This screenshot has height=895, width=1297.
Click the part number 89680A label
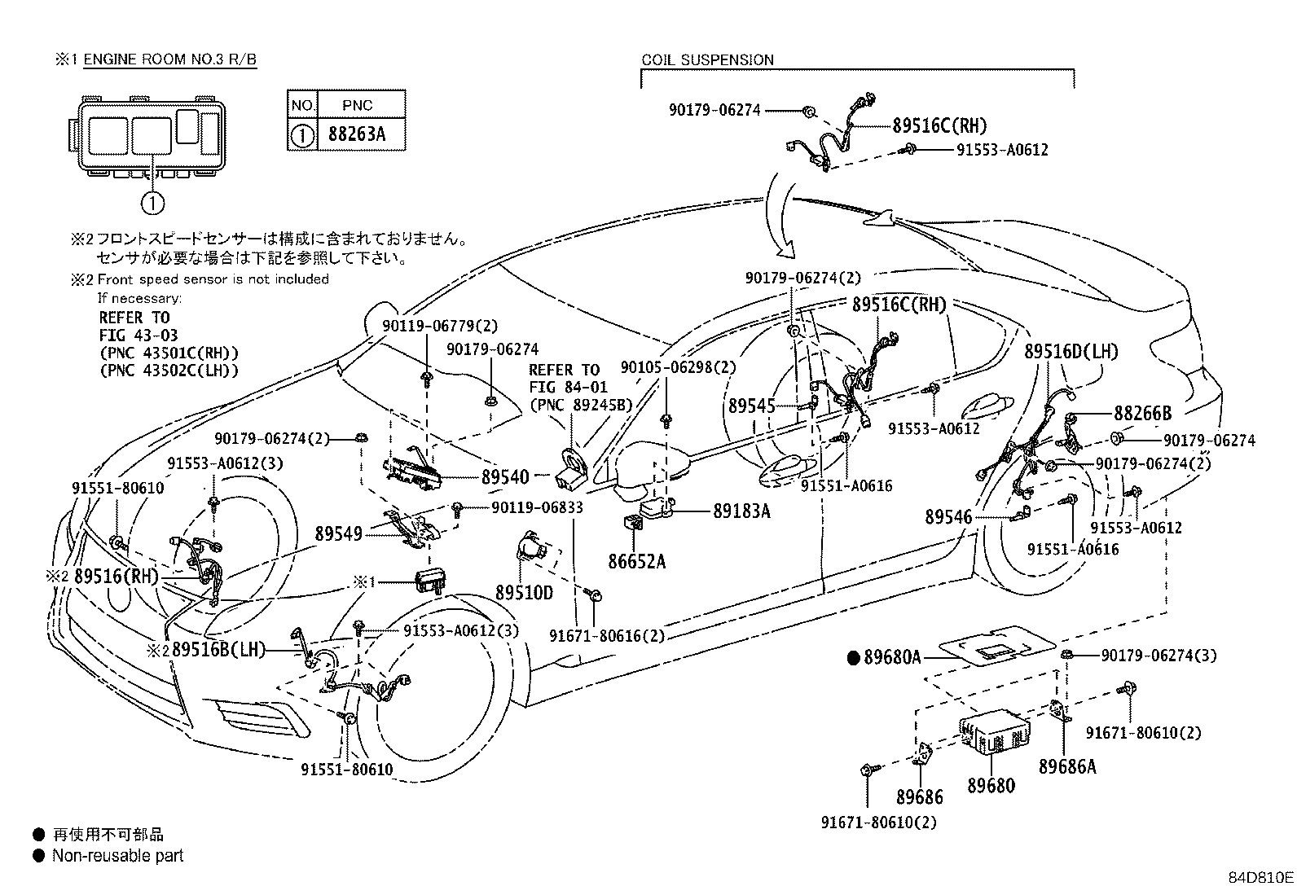pos(892,658)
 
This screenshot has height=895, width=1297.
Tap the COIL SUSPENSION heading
pos(707,59)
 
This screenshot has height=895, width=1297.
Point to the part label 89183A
pos(741,511)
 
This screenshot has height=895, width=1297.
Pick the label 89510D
pos(524,593)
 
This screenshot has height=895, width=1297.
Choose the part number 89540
pos(505,477)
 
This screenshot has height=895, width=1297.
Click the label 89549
pos(339,533)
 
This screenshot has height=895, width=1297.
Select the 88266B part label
pos(1142,414)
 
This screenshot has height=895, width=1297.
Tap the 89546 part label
pos(948,516)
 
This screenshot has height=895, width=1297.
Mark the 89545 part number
pos(751,405)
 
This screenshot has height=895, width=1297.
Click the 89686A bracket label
pos(1067,766)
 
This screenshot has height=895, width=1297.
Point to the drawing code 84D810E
pos(1260,878)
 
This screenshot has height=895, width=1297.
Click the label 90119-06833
pos(537,507)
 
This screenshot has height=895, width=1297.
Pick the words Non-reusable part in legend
pos(117,856)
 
